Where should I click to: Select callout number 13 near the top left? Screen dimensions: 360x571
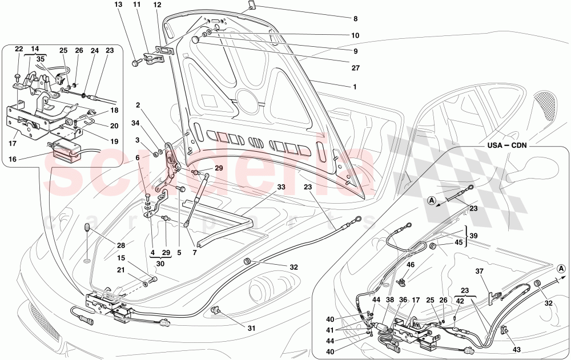pyautogui.click(x=118, y=5)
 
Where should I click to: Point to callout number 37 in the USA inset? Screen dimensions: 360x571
pyautogui.click(x=480, y=271)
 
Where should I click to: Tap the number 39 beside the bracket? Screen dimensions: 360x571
pyautogui.click(x=473, y=236)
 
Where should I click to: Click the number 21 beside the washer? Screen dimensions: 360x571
pyautogui.click(x=120, y=270)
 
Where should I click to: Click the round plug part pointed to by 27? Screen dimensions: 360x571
pyautogui.click(x=195, y=39)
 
